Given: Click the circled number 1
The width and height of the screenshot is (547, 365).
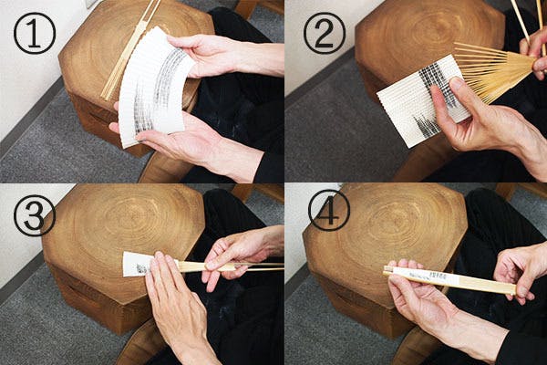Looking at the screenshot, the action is (x=35, y=33).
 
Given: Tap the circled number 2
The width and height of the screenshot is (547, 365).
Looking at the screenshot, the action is (x=324, y=33).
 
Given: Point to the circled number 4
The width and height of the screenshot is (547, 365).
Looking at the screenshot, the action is (x=329, y=210).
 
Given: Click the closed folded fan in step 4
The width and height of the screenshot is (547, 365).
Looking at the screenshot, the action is (x=450, y=278).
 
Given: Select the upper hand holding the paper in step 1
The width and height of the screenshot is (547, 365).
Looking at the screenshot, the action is (x=223, y=56).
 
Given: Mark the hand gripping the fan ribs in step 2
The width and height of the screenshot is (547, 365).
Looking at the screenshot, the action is (x=534, y=52).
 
